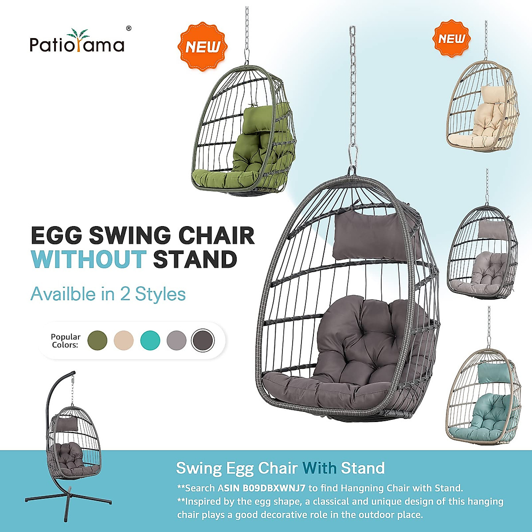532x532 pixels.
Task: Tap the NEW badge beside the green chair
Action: click(x=202, y=47)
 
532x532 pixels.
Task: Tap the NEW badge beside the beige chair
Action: click(x=451, y=39)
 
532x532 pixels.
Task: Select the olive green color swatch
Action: click(x=98, y=340)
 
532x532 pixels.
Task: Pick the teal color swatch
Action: click(x=150, y=340)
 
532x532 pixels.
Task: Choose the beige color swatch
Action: click(x=124, y=340)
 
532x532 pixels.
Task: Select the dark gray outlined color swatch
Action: click(x=203, y=340)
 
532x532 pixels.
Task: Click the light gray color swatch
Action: click(x=176, y=340)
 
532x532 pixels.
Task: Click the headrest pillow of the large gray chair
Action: click(x=377, y=235)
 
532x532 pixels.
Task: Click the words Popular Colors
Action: click(x=65, y=340)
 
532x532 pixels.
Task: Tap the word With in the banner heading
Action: click(x=320, y=468)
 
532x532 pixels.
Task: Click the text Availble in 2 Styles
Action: click(x=108, y=294)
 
